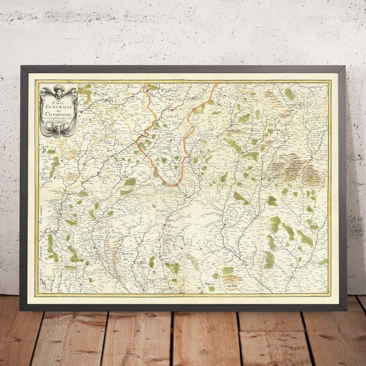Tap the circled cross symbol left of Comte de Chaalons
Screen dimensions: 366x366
tap(139, 208)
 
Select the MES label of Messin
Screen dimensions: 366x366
tap(111, 101)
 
